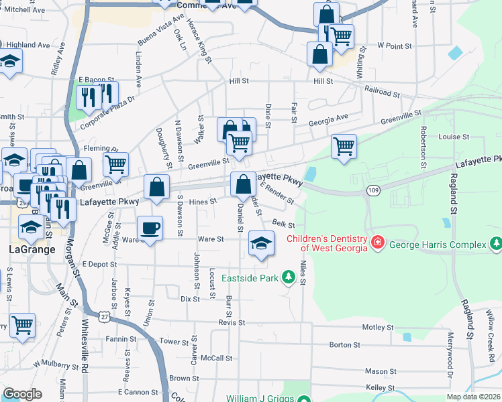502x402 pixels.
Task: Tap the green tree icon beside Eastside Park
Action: (x=289, y=276)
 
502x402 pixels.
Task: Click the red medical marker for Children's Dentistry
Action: (x=379, y=241)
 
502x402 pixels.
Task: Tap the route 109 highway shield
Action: (x=373, y=191)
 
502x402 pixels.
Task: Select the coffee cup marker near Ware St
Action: (x=150, y=228)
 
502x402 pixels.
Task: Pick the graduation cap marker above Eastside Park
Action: (x=260, y=243)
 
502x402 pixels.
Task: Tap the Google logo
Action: (x=23, y=394)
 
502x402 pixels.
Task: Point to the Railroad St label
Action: (x=382, y=88)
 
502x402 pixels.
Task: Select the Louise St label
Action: (x=454, y=137)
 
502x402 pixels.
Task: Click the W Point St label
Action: (x=394, y=46)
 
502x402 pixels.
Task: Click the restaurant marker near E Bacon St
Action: (x=89, y=97)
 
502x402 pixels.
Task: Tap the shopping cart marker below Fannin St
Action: (x=22, y=326)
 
